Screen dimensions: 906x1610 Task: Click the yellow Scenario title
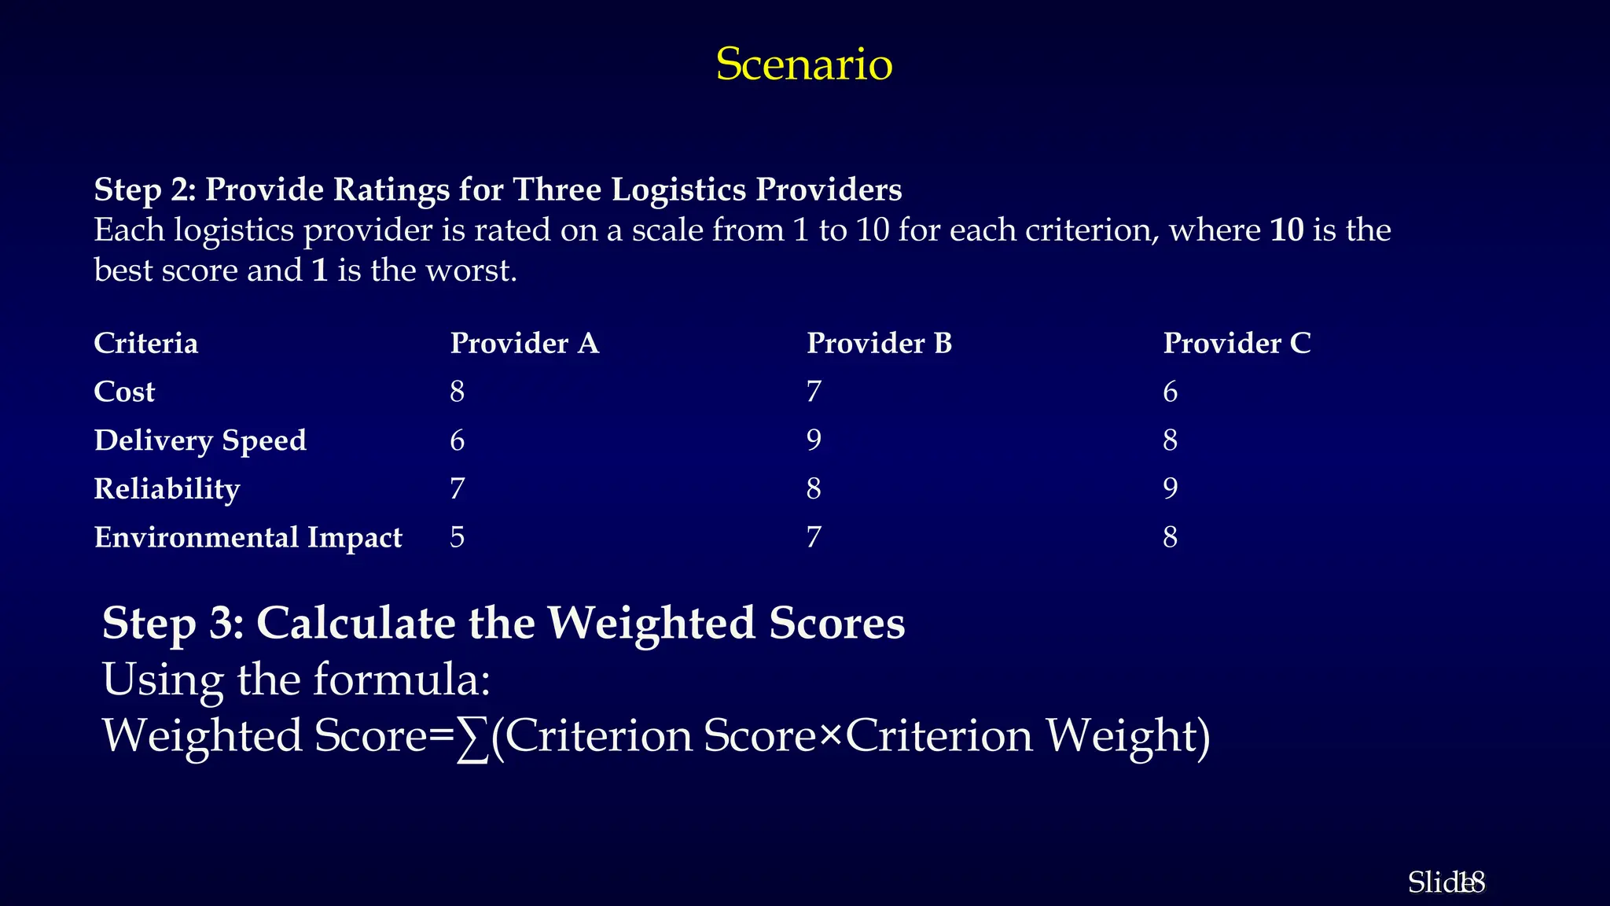coord(804,64)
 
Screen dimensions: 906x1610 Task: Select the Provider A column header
coord(524,344)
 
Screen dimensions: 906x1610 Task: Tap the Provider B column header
coord(879,344)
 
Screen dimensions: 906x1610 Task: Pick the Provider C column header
coord(1237,344)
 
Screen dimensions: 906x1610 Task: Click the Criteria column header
coord(146,344)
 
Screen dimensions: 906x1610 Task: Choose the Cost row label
coord(124,392)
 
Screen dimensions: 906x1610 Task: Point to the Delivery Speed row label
coord(200,440)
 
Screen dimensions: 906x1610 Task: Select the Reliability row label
coord(167,489)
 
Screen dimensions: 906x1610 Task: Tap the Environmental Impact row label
coord(248,538)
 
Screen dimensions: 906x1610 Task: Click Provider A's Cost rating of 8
coord(458,392)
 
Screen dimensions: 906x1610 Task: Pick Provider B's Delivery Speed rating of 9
coord(814,440)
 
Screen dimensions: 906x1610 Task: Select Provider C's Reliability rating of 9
coord(1171,489)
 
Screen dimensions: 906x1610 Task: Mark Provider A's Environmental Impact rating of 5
coord(458,538)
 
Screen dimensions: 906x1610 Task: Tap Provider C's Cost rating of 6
coord(1171,392)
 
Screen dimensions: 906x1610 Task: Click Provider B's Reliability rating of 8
coord(814,489)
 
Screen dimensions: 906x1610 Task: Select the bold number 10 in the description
coord(1287,230)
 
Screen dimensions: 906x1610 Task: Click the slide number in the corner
coord(1468,883)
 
